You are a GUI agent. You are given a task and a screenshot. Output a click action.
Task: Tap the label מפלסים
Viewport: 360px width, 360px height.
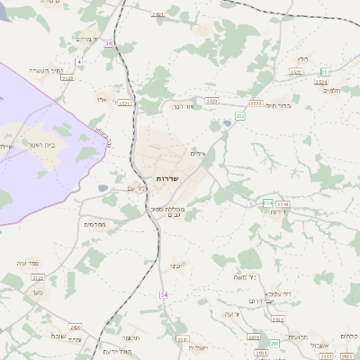(x=94, y=224)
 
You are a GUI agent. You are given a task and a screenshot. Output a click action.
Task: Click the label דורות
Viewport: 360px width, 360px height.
(x=280, y=212)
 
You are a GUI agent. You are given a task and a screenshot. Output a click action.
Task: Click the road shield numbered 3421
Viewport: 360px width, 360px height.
(x=158, y=15)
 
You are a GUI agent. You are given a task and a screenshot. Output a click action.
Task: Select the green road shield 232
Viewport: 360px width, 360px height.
(x=239, y=116)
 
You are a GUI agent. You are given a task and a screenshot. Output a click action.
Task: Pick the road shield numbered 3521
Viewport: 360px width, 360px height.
(x=124, y=103)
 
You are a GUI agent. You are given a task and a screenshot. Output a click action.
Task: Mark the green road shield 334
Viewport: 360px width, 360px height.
(x=267, y=203)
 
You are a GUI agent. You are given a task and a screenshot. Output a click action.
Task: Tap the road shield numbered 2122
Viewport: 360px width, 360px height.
(x=67, y=78)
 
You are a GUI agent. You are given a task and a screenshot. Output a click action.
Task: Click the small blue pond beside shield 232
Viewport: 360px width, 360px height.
(x=228, y=123)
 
